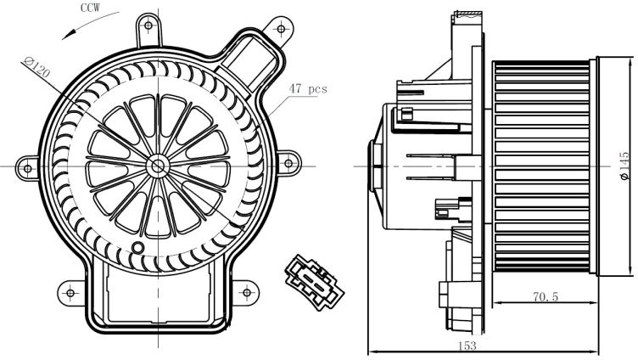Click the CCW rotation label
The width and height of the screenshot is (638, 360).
pyautogui.click(x=90, y=8)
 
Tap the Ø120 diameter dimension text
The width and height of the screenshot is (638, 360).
pyautogui.click(x=36, y=67)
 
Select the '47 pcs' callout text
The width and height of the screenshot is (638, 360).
pyautogui.click(x=308, y=88)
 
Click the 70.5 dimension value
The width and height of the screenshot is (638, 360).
pyautogui.click(x=546, y=297)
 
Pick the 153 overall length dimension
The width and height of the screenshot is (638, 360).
pyautogui.click(x=467, y=346)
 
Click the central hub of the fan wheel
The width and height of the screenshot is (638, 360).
pyautogui.click(x=158, y=166)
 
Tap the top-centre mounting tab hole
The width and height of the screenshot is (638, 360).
pyautogui.click(x=148, y=25)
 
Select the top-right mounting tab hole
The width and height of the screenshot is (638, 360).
pyautogui.click(x=281, y=29)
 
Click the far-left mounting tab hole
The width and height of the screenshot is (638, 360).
pyautogui.click(x=27, y=168)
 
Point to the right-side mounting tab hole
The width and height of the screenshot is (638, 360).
pyautogui.click(x=288, y=164)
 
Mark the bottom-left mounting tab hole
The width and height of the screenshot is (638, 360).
pyautogui.click(x=70, y=293)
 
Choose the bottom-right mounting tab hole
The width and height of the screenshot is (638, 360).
pyautogui.click(x=247, y=292)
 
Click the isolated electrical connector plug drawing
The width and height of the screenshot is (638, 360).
pyautogui.click(x=314, y=282)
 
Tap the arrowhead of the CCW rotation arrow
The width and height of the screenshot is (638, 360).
pyautogui.click(x=66, y=37)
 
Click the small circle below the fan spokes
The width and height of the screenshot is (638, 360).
pyautogui.click(x=138, y=247)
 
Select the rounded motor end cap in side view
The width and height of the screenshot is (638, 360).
pyautogui.click(x=374, y=166)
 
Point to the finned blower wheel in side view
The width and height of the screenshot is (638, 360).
pyautogui.click(x=540, y=167)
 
